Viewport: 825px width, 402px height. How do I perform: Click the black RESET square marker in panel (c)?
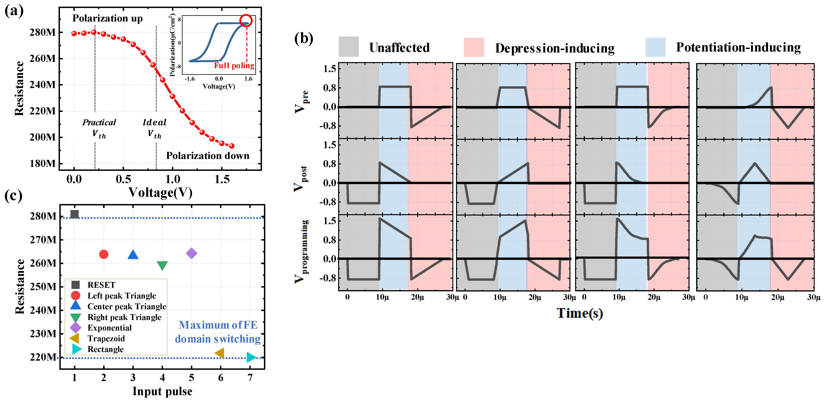point(74,214)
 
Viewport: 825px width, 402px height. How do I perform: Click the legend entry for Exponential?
point(109,328)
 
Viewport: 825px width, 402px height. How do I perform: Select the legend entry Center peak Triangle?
point(127,307)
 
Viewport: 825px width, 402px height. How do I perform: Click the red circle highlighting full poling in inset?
point(246,21)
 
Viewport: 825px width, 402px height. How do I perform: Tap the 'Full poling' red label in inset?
point(234,66)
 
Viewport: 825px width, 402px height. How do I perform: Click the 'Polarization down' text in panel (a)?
point(208,156)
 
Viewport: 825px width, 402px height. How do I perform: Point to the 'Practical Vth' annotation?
point(99,128)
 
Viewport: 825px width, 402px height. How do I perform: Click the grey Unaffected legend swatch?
point(348,47)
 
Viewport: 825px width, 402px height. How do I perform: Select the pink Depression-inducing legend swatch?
point(474,47)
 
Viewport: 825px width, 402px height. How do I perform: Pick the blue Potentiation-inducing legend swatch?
point(655,47)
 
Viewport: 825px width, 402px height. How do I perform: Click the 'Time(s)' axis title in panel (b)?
point(580,313)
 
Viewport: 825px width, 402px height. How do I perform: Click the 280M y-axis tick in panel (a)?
point(42,32)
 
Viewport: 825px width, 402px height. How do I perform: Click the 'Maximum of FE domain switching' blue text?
point(218,332)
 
